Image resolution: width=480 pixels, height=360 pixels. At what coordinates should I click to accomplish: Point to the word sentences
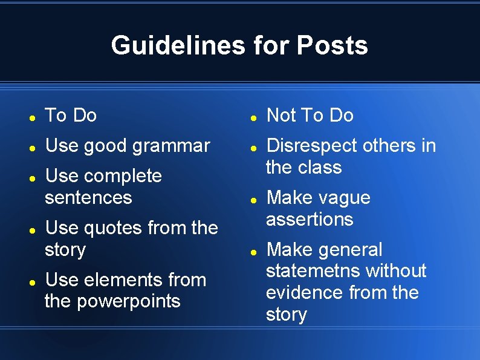[88, 197]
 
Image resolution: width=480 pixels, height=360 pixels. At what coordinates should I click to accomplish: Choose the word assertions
[310, 219]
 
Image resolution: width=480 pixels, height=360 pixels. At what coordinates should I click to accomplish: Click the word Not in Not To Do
[280, 115]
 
